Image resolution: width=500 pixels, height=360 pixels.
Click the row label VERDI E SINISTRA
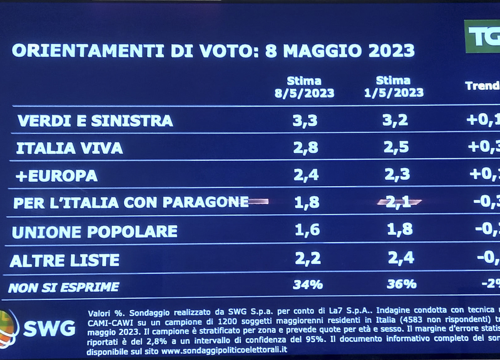(x=95, y=121)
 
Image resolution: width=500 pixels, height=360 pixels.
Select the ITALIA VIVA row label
(x=70, y=148)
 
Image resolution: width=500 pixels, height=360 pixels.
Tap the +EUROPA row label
(x=56, y=175)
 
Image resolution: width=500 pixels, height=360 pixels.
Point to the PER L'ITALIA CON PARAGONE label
(x=131, y=202)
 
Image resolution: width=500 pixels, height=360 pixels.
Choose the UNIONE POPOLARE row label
(x=95, y=231)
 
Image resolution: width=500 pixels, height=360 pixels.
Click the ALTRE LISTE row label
(x=65, y=260)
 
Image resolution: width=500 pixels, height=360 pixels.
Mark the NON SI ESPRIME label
(x=64, y=287)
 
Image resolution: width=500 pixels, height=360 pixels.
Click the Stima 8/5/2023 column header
(x=304, y=87)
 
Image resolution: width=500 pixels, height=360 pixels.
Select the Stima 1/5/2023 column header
(x=393, y=86)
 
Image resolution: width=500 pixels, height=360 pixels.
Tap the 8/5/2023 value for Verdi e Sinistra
(x=305, y=120)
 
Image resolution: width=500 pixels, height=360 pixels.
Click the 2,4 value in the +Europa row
(x=306, y=175)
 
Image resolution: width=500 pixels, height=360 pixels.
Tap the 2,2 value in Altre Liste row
(x=307, y=259)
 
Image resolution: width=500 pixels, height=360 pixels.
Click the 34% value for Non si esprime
(x=307, y=285)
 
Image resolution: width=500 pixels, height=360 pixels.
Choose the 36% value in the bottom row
(x=401, y=284)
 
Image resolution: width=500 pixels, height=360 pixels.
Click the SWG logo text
(x=49, y=329)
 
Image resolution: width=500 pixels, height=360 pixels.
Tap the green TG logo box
(x=482, y=37)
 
